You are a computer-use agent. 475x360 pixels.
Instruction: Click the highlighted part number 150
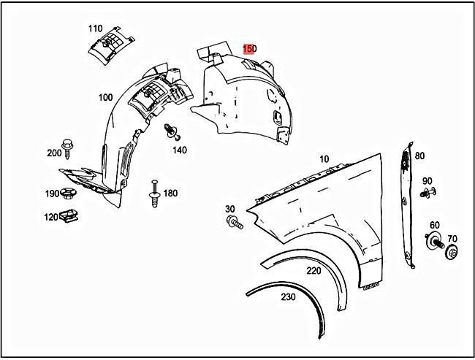[x=249, y=48]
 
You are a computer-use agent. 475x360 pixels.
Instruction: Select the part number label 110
[x=95, y=28]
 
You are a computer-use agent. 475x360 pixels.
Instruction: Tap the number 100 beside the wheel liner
[x=104, y=97]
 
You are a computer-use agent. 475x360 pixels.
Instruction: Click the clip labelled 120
[x=71, y=215]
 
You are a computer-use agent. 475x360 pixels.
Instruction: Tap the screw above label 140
[x=171, y=132]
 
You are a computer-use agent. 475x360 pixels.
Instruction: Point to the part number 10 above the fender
[x=324, y=159]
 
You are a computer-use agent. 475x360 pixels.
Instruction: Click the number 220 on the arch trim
[x=313, y=271]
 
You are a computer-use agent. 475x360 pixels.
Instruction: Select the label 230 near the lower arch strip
[x=289, y=297]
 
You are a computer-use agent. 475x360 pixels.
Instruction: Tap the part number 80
[x=419, y=156]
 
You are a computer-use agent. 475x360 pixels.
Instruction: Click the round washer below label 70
[x=452, y=254]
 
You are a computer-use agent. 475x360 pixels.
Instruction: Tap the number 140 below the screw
[x=180, y=150]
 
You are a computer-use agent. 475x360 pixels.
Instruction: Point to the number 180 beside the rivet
[x=170, y=193]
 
